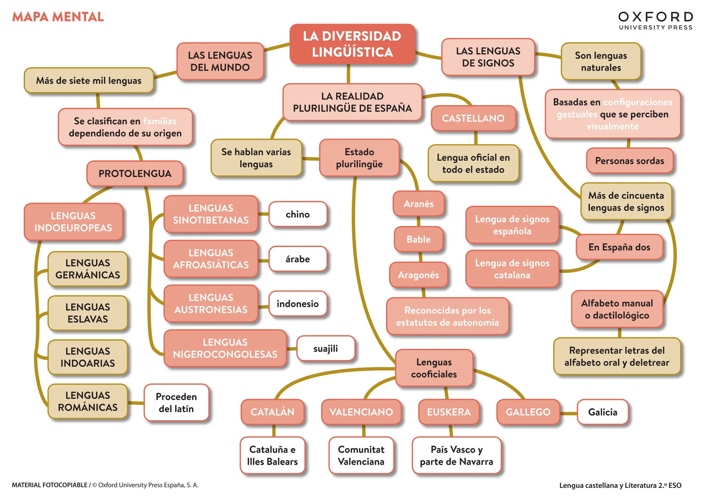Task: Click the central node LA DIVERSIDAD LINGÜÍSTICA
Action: [352, 44]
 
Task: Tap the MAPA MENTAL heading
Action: [58, 17]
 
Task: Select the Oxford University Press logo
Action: [655, 21]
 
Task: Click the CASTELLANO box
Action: [473, 118]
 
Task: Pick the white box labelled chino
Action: [297, 214]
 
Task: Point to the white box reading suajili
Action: [325, 348]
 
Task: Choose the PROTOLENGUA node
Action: [135, 173]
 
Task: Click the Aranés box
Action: [418, 204]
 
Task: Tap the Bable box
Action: [418, 239]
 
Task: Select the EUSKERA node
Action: [449, 412]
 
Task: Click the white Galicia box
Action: [602, 412]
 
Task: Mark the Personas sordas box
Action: [629, 161]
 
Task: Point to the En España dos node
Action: [619, 247]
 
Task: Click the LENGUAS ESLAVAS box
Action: [87, 313]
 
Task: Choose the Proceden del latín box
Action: [176, 403]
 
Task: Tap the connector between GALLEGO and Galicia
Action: [568, 413]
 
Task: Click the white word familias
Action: [159, 121]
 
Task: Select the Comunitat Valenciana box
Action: [361, 455]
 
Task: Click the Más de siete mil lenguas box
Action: [88, 81]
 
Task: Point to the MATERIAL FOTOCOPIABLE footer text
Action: [50, 485]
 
